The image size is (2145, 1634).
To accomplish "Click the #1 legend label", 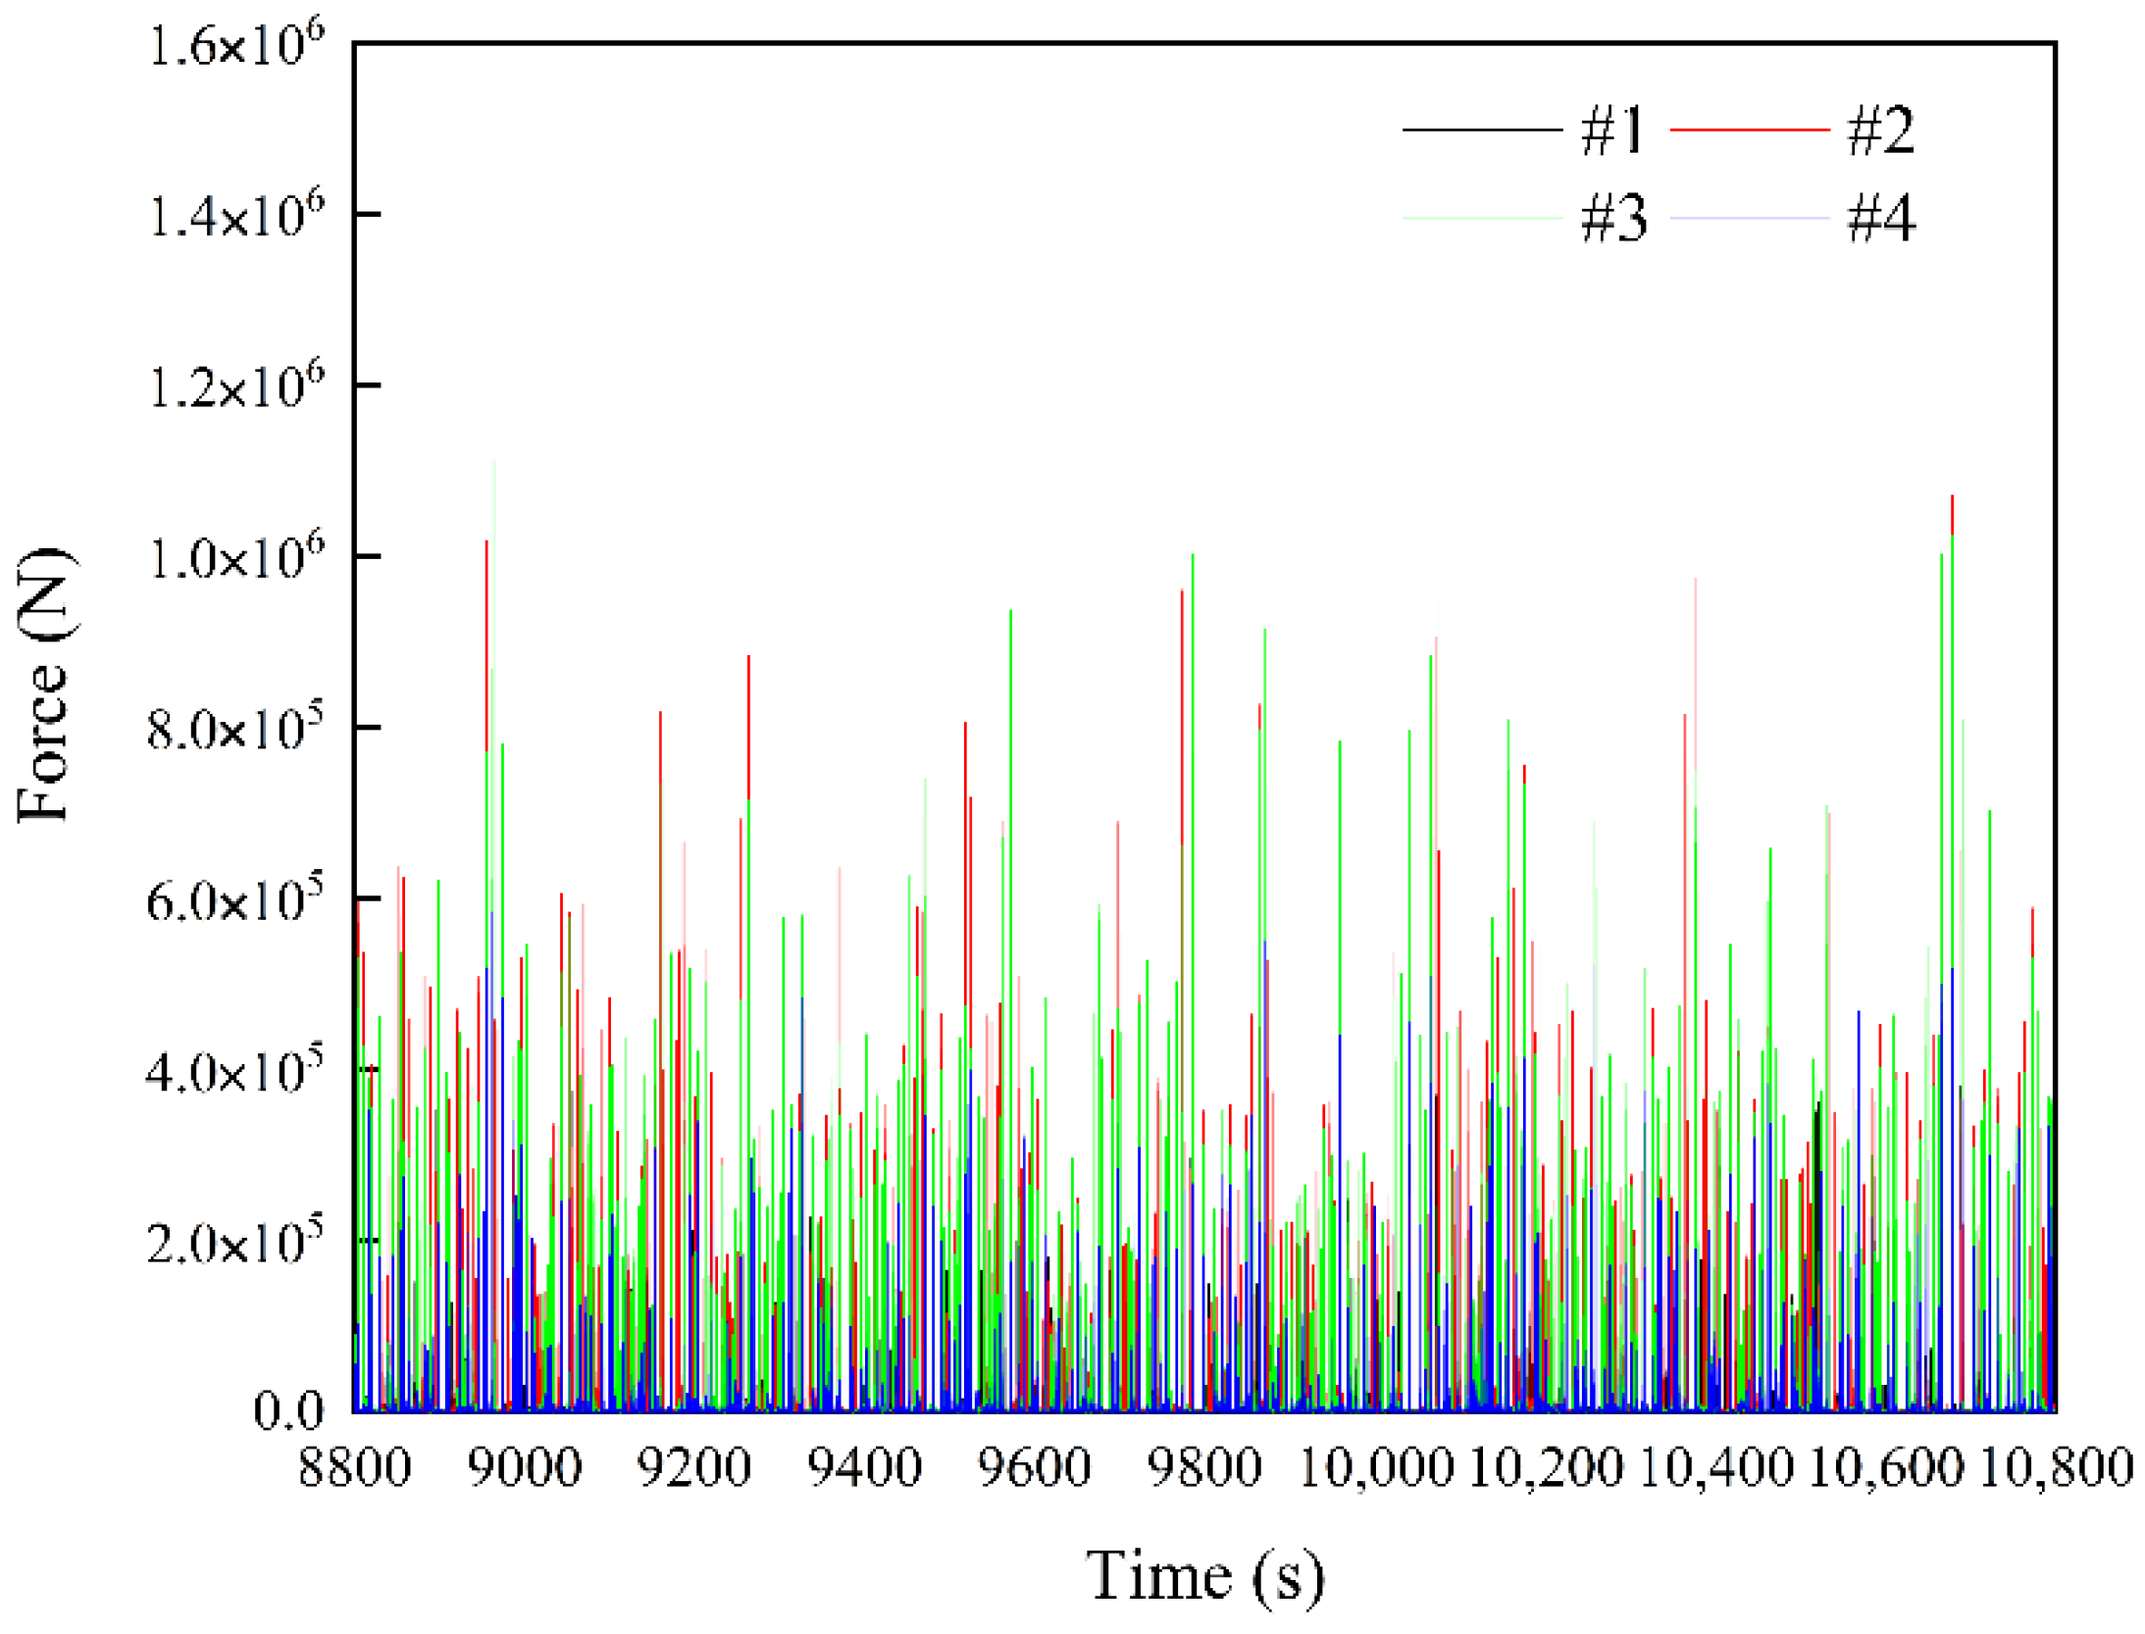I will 1611,130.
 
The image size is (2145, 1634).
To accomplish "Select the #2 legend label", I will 1879,130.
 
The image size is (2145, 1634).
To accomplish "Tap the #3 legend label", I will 1611,217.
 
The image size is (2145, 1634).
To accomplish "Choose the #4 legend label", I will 1879,217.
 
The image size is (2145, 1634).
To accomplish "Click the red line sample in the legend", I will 1748,129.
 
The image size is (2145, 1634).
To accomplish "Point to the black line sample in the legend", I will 1481,129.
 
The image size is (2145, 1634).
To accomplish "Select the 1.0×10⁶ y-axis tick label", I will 235,558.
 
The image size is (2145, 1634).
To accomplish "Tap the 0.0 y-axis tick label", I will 287,1410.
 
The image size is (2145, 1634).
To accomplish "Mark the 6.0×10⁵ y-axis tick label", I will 235,899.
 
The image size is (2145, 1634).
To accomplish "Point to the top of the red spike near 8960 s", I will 486,542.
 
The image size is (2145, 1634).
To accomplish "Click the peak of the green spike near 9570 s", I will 1010,612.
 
